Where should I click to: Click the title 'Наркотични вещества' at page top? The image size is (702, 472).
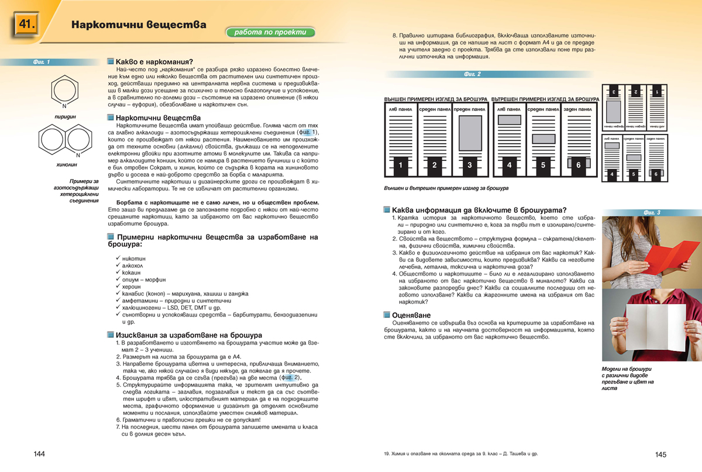click(139, 25)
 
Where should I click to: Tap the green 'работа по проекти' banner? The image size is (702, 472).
click(270, 33)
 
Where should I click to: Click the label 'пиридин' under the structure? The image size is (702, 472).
click(64, 116)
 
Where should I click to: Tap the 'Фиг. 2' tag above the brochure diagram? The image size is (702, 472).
click(472, 74)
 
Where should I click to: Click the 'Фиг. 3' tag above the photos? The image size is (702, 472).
click(651, 212)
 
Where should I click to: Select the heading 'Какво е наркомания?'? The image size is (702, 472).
click(154, 61)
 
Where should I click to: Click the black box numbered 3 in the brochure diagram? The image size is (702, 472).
click(469, 166)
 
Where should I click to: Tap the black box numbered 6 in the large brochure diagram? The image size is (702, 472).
click(578, 166)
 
